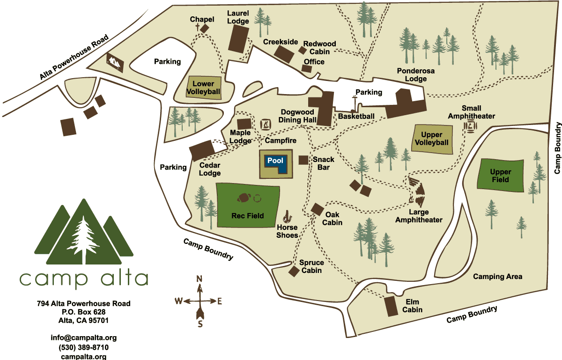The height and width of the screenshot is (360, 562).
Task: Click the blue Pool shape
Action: pyautogui.click(x=275, y=162)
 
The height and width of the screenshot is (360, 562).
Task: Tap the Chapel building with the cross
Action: pyautogui.click(x=204, y=29)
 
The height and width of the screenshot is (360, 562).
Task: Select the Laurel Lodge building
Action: pyautogui.click(x=238, y=39)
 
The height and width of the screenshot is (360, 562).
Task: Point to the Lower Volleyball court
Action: pyautogui.click(x=203, y=88)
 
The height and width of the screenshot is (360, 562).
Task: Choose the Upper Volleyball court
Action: pyautogui.click(x=432, y=139)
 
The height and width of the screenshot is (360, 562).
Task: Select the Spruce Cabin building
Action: pyautogui.click(x=294, y=271)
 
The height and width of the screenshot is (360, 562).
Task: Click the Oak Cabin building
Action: pyautogui.click(x=317, y=209)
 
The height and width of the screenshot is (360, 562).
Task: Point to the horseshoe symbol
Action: pyautogui.click(x=288, y=216)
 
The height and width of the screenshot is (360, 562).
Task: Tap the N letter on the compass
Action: pyautogui.click(x=199, y=279)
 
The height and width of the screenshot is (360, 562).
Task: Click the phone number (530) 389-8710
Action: pyautogui.click(x=83, y=347)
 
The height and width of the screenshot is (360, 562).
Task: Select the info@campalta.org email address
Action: pyautogui.click(x=83, y=338)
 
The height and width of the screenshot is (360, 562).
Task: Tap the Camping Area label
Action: pyautogui.click(x=497, y=277)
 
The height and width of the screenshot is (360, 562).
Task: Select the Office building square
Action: pyautogui.click(x=307, y=69)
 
